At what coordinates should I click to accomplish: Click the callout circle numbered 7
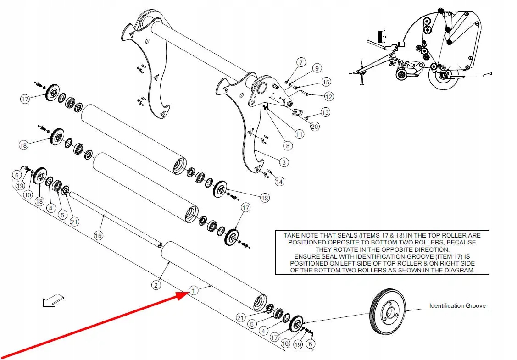pyautogui.click(x=301, y=62)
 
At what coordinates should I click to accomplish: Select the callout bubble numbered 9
pyautogui.click(x=316, y=68)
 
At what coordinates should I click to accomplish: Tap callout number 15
pyautogui.click(x=326, y=82)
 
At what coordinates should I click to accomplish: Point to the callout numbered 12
pyautogui.click(x=328, y=96)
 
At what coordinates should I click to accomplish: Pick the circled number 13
pyautogui.click(x=325, y=112)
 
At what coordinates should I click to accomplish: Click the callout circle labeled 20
pyautogui.click(x=314, y=127)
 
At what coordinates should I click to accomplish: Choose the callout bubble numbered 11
pyautogui.click(x=299, y=134)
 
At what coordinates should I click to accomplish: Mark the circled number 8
pyautogui.click(x=287, y=146)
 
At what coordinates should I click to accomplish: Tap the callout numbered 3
pyautogui.click(x=284, y=162)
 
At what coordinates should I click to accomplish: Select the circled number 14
pyautogui.click(x=279, y=182)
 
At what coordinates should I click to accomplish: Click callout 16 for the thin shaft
pyautogui.click(x=98, y=235)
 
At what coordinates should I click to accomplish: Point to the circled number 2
pyautogui.click(x=156, y=285)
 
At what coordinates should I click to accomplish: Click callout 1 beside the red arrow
pyautogui.click(x=194, y=290)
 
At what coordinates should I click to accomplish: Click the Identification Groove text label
pyautogui.click(x=457, y=305)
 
